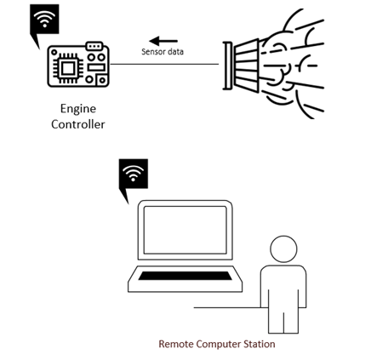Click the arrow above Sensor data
pyautogui.click(x=163, y=41)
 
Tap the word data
pyautogui.click(x=175, y=52)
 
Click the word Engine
pyautogui.click(x=78, y=109)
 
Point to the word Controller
pyautogui.click(x=78, y=124)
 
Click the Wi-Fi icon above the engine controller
pyautogui.click(x=44, y=19)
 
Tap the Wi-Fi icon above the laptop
pyautogui.click(x=134, y=174)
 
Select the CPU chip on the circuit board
pyautogui.click(x=68, y=68)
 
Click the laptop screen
pyautogui.click(x=185, y=230)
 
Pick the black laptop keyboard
pyautogui.click(x=185, y=276)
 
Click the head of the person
pyautogui.click(x=283, y=249)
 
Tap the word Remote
pyautogui.click(x=176, y=344)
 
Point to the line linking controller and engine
pyautogui.click(x=164, y=64)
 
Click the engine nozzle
pyautogui.click(x=241, y=66)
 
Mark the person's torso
pyautogui.click(x=283, y=287)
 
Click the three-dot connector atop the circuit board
pyautogui.click(x=94, y=46)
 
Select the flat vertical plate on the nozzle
pyautogui.click(x=227, y=66)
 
